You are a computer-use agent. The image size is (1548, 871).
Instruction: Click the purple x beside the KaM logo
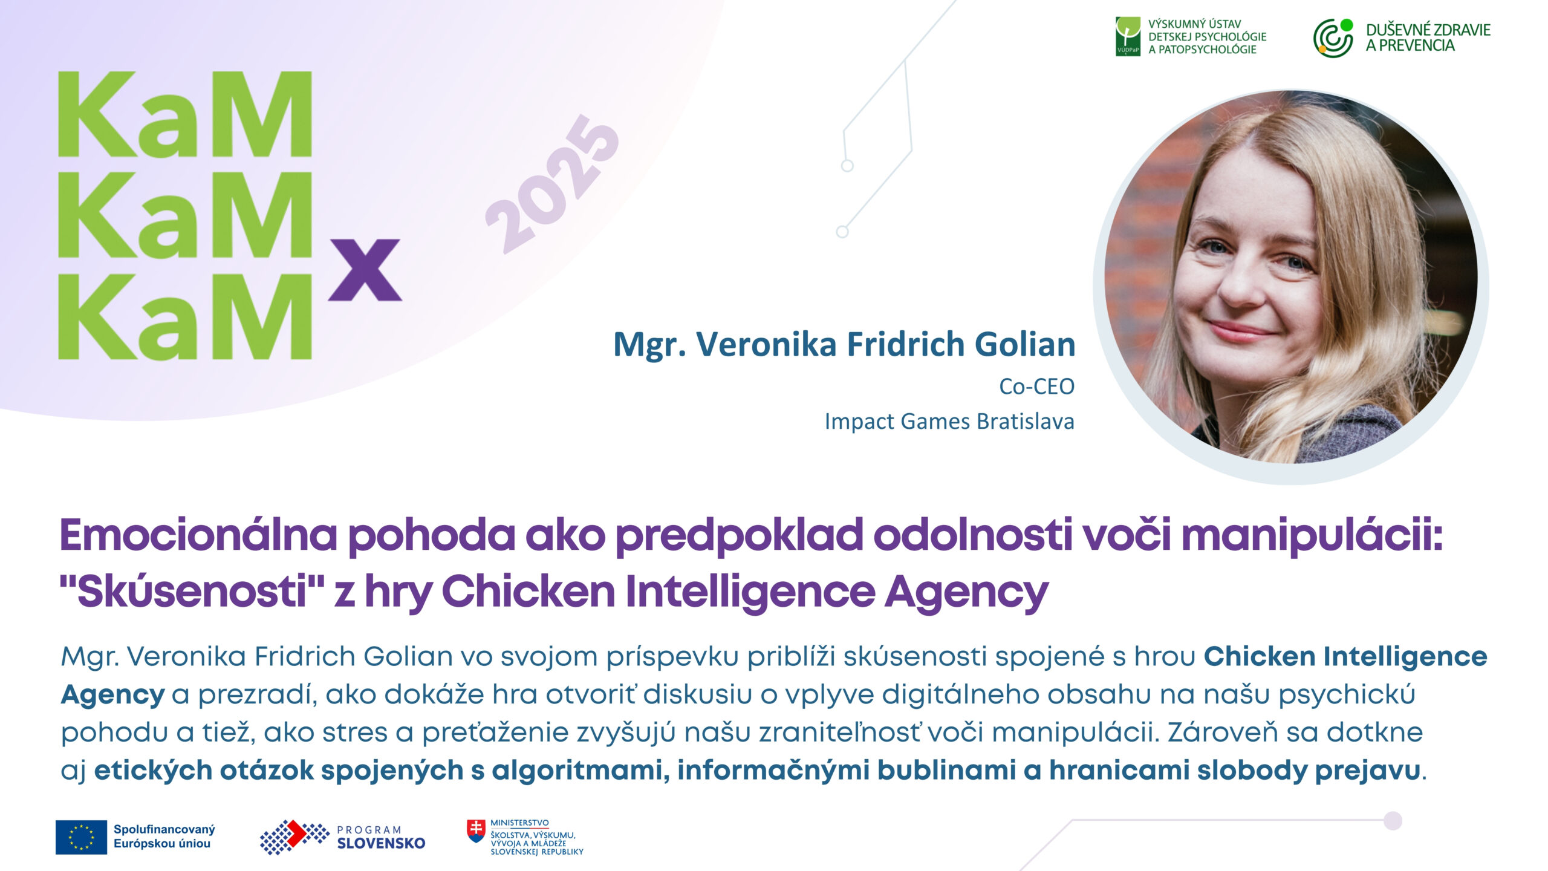(x=365, y=270)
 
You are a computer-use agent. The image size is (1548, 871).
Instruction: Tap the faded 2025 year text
(x=553, y=184)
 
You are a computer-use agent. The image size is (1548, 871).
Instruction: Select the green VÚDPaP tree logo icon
(x=1128, y=36)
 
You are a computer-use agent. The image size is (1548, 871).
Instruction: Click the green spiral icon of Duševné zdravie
(x=1333, y=38)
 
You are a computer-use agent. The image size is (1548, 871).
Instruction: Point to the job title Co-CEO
(x=1036, y=386)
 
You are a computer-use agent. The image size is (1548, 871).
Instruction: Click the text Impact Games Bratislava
(x=949, y=421)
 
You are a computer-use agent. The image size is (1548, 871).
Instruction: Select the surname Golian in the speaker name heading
(x=1025, y=344)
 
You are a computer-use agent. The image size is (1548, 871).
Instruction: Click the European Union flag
(x=81, y=837)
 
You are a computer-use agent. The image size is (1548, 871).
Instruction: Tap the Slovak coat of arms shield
(x=476, y=831)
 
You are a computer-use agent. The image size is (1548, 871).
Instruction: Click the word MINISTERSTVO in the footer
(x=519, y=823)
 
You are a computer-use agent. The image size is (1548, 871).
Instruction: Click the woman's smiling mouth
(x=1246, y=331)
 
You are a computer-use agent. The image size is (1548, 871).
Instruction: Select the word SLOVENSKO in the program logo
(x=381, y=843)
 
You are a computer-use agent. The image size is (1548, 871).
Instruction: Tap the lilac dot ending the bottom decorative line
(x=1393, y=821)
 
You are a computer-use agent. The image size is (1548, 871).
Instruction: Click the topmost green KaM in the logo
(x=185, y=115)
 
